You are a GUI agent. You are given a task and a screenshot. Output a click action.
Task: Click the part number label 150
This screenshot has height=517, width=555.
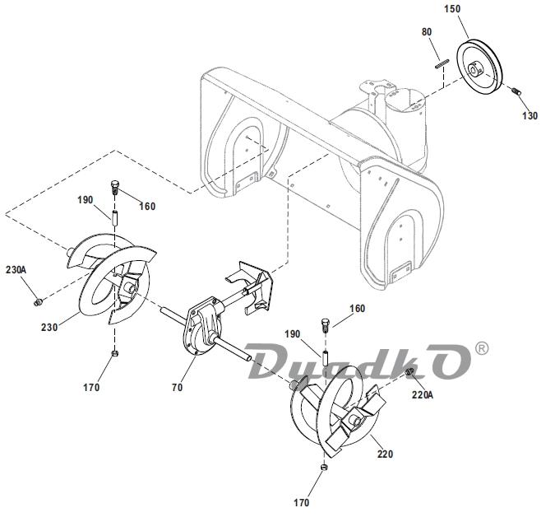coord(476,10)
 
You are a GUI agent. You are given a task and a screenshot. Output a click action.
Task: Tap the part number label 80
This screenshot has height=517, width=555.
coord(426,32)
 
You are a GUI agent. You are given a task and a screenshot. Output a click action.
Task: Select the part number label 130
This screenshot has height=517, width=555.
coord(530,116)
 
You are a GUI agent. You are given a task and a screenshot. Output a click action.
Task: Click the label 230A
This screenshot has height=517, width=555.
coord(16,269)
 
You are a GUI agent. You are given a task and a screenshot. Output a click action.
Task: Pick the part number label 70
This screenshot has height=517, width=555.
coord(176,386)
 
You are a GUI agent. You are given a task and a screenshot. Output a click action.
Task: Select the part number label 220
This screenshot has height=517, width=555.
coord(386,454)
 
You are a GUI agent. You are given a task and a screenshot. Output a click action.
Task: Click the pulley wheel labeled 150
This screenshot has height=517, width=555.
coord(481,68)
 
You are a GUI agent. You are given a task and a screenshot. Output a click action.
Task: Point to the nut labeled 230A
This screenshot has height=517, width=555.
coord(38,302)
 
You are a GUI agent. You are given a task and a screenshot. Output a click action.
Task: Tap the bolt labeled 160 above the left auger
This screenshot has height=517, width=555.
coord(115,185)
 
